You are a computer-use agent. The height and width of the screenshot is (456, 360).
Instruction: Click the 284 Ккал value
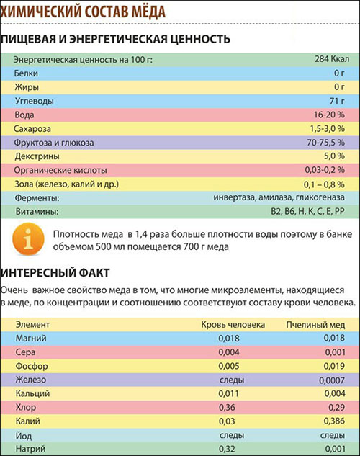[330, 59]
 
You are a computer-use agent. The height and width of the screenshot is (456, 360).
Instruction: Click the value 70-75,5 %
[327, 143]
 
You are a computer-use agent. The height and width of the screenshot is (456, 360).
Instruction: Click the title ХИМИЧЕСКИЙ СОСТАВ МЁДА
[83, 12]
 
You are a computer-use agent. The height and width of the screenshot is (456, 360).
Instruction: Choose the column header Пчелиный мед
[313, 325]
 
